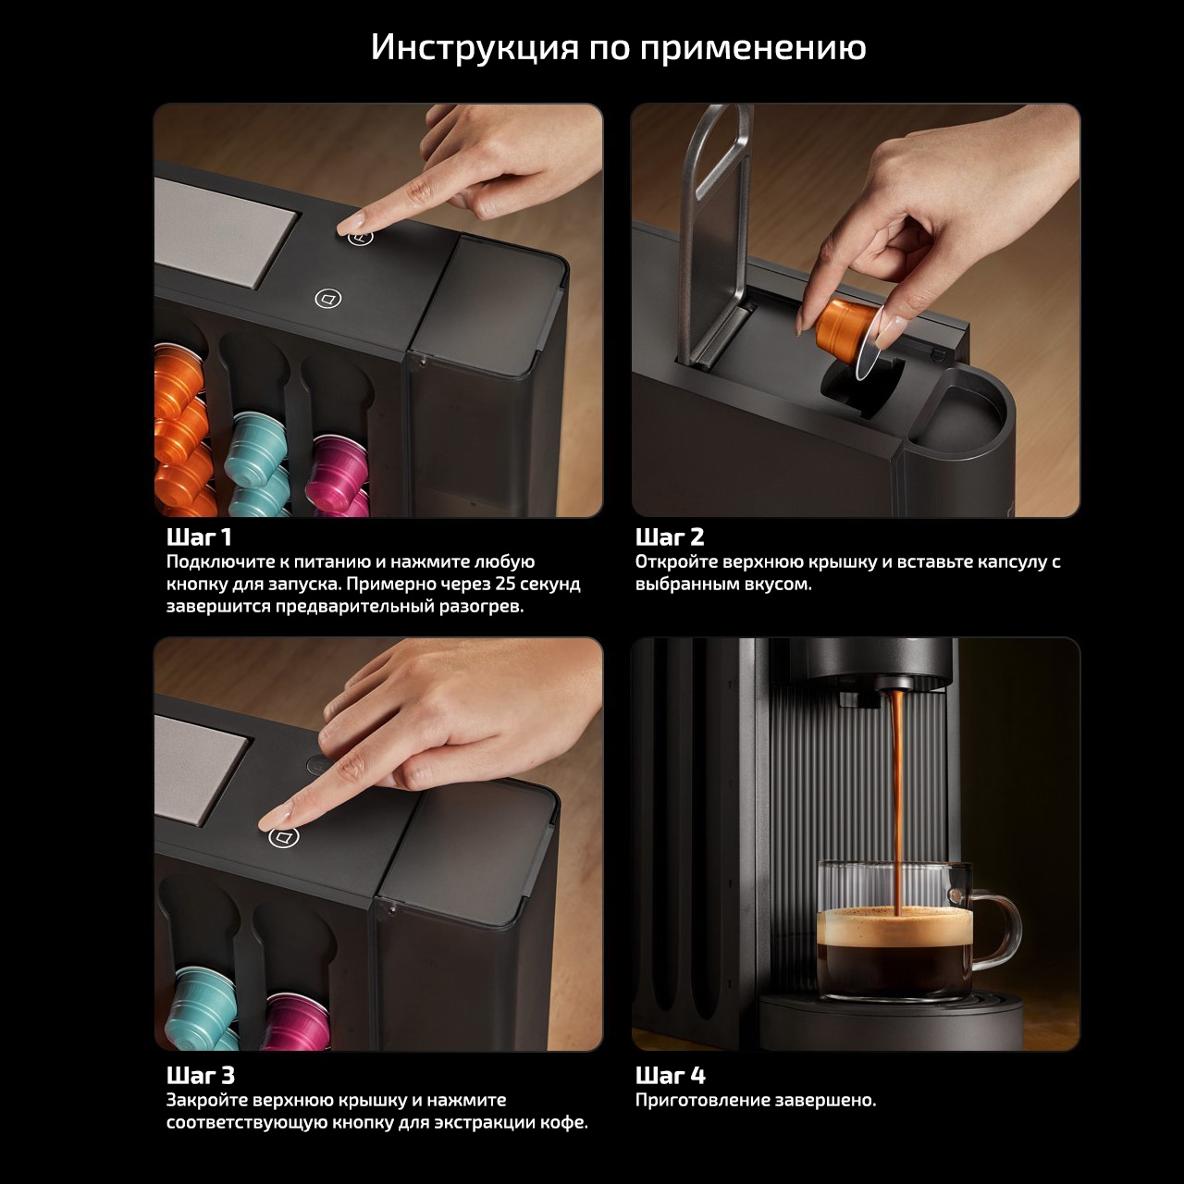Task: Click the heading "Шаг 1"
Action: [x=199, y=537]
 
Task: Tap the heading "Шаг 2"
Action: [x=670, y=537]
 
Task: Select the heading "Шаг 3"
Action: [x=201, y=1075]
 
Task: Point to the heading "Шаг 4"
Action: [x=671, y=1075]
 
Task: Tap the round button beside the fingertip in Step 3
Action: [x=284, y=836]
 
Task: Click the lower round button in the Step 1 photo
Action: [x=328, y=299]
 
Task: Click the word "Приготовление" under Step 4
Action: [x=701, y=1100]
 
